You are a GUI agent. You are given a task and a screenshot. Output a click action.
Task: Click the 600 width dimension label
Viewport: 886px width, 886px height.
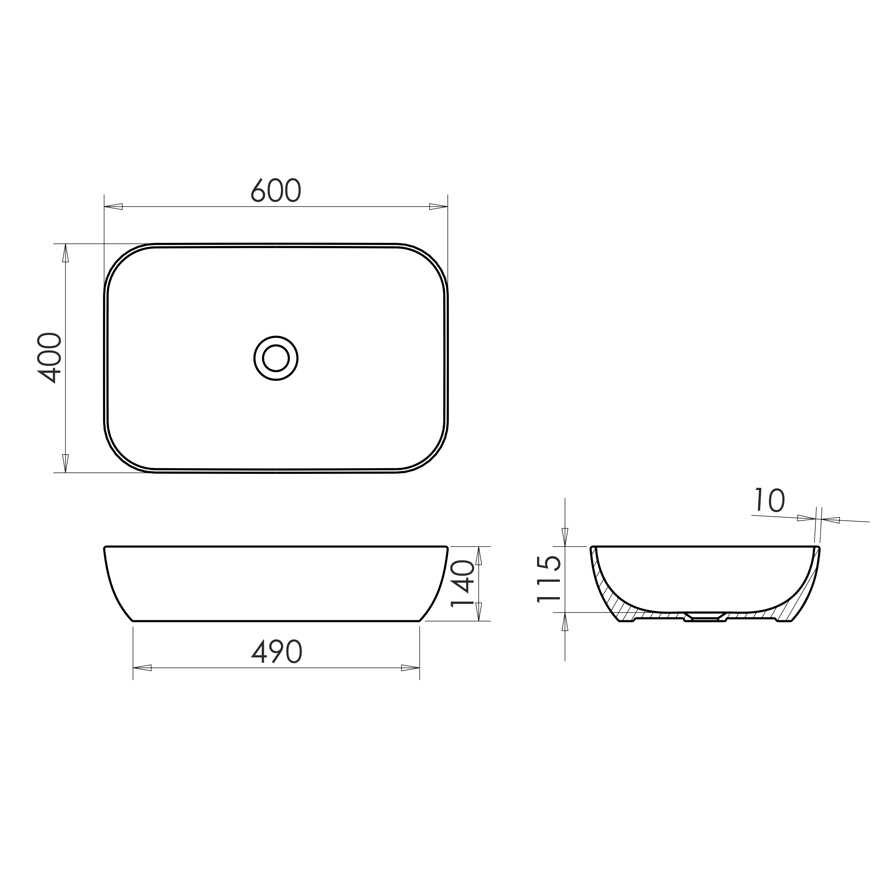(276, 190)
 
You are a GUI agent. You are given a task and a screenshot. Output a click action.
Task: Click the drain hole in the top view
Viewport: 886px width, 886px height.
(276, 358)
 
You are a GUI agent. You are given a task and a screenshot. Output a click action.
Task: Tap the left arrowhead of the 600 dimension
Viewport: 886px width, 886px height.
(113, 206)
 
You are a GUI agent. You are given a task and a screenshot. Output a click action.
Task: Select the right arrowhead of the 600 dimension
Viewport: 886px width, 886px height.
(439, 206)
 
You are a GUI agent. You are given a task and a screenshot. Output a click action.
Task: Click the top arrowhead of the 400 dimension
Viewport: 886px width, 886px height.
(66, 253)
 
